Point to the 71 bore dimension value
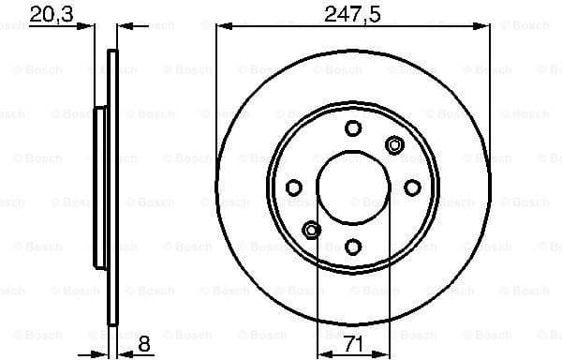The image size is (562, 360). tap(352, 345)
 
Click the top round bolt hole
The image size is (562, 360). tap(352, 129)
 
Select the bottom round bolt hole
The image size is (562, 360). tap(352, 246)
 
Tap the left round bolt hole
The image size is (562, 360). tap(294, 187)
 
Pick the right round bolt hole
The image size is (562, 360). tap(410, 187)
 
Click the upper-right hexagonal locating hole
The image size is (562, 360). tap(393, 144)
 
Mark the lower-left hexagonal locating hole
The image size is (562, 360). tap(312, 230)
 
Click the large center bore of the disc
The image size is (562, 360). tap(352, 187)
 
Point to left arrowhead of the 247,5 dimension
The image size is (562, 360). tap(221, 27)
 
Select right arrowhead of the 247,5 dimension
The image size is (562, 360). tap(484, 27)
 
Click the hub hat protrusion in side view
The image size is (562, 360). tap(100, 187)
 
